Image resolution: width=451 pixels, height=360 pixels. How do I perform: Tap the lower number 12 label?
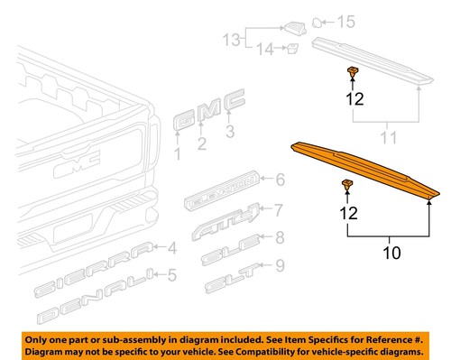[348, 213]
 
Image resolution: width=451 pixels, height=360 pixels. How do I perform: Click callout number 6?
[281, 180]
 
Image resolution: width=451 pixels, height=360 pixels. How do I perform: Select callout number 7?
[279, 211]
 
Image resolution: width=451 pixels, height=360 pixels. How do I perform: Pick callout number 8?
[280, 238]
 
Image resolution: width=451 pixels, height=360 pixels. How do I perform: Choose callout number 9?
[280, 265]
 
